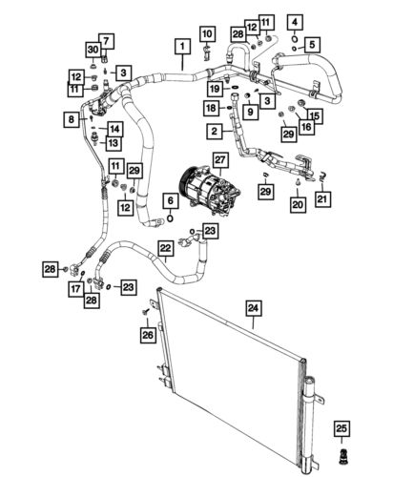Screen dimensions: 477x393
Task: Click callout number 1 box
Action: pyautogui.click(x=179, y=44)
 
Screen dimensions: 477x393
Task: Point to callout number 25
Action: pyautogui.click(x=295, y=22)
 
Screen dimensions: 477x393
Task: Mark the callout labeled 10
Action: pyautogui.click(x=207, y=35)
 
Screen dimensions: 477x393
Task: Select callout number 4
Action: pyautogui.click(x=295, y=22)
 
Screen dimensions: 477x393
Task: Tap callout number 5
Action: pyautogui.click(x=313, y=44)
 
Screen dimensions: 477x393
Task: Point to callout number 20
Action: pyautogui.click(x=298, y=203)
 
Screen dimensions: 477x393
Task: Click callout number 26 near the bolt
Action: pyautogui.click(x=147, y=334)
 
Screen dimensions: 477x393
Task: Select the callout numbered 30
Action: pyautogui.click(x=93, y=51)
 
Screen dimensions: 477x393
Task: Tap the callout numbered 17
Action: pyautogui.click(x=74, y=289)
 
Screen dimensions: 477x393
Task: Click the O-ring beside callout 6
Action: pyautogui.click(x=169, y=218)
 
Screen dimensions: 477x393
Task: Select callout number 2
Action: pyautogui.click(x=217, y=130)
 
